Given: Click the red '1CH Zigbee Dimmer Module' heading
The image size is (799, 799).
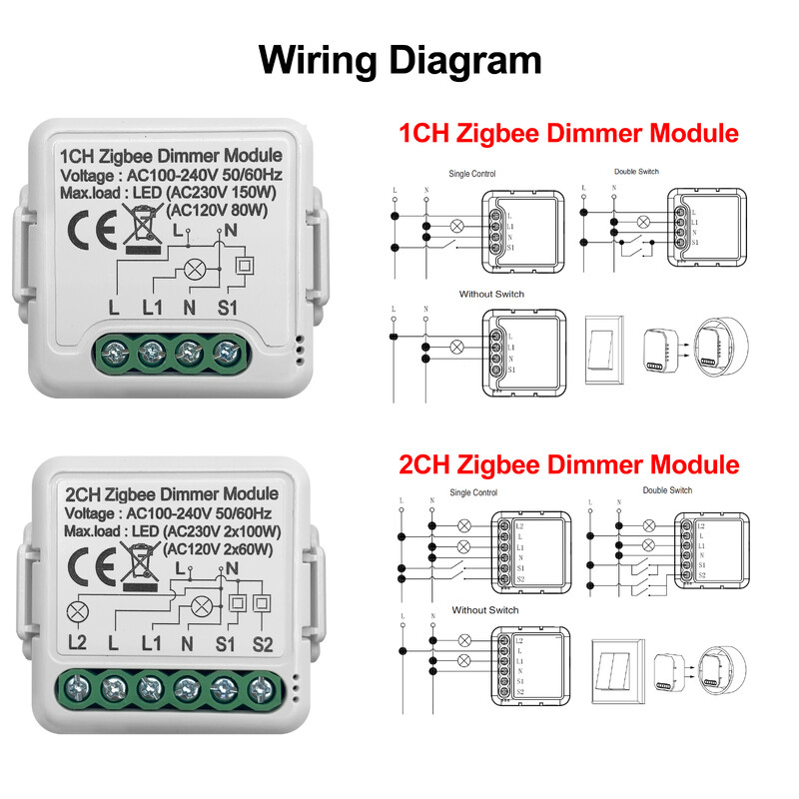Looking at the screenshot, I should (x=568, y=134).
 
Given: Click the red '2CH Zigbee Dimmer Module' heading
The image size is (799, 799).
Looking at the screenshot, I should (x=568, y=464).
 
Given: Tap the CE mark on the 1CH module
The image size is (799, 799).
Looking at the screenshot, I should (x=80, y=221).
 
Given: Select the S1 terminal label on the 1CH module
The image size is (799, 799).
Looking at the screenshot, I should (x=227, y=308).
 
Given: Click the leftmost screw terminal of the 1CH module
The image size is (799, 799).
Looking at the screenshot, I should (x=115, y=352).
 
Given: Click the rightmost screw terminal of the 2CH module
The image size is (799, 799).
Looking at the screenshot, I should (x=262, y=687).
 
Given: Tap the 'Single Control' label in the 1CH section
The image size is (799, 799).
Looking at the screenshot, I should (x=472, y=173).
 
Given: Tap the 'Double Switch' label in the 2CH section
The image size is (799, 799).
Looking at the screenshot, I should (x=668, y=490).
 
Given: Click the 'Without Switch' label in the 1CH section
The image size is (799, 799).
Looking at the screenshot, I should (x=491, y=295).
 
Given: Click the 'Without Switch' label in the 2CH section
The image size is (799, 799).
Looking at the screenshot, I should (x=485, y=609).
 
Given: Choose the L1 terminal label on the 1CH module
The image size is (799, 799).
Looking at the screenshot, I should (x=152, y=308).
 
